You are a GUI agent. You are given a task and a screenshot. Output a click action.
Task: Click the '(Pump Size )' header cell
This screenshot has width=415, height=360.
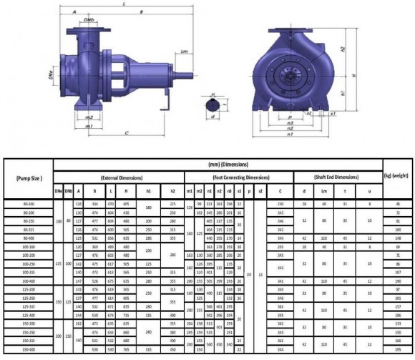(27, 177)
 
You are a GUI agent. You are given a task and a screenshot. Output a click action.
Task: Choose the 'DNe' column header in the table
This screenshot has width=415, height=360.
(58, 191)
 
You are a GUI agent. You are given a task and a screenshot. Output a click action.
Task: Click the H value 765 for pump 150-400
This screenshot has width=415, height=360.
(126, 351)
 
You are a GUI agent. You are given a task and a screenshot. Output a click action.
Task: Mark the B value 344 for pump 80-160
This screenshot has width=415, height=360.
(94, 205)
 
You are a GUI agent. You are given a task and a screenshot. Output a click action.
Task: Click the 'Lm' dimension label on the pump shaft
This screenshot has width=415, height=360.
(184, 52)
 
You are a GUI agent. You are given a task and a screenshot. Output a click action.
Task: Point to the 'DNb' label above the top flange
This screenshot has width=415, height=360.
(87, 20)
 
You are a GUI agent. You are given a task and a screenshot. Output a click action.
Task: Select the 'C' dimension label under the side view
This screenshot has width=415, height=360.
(126, 132)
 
